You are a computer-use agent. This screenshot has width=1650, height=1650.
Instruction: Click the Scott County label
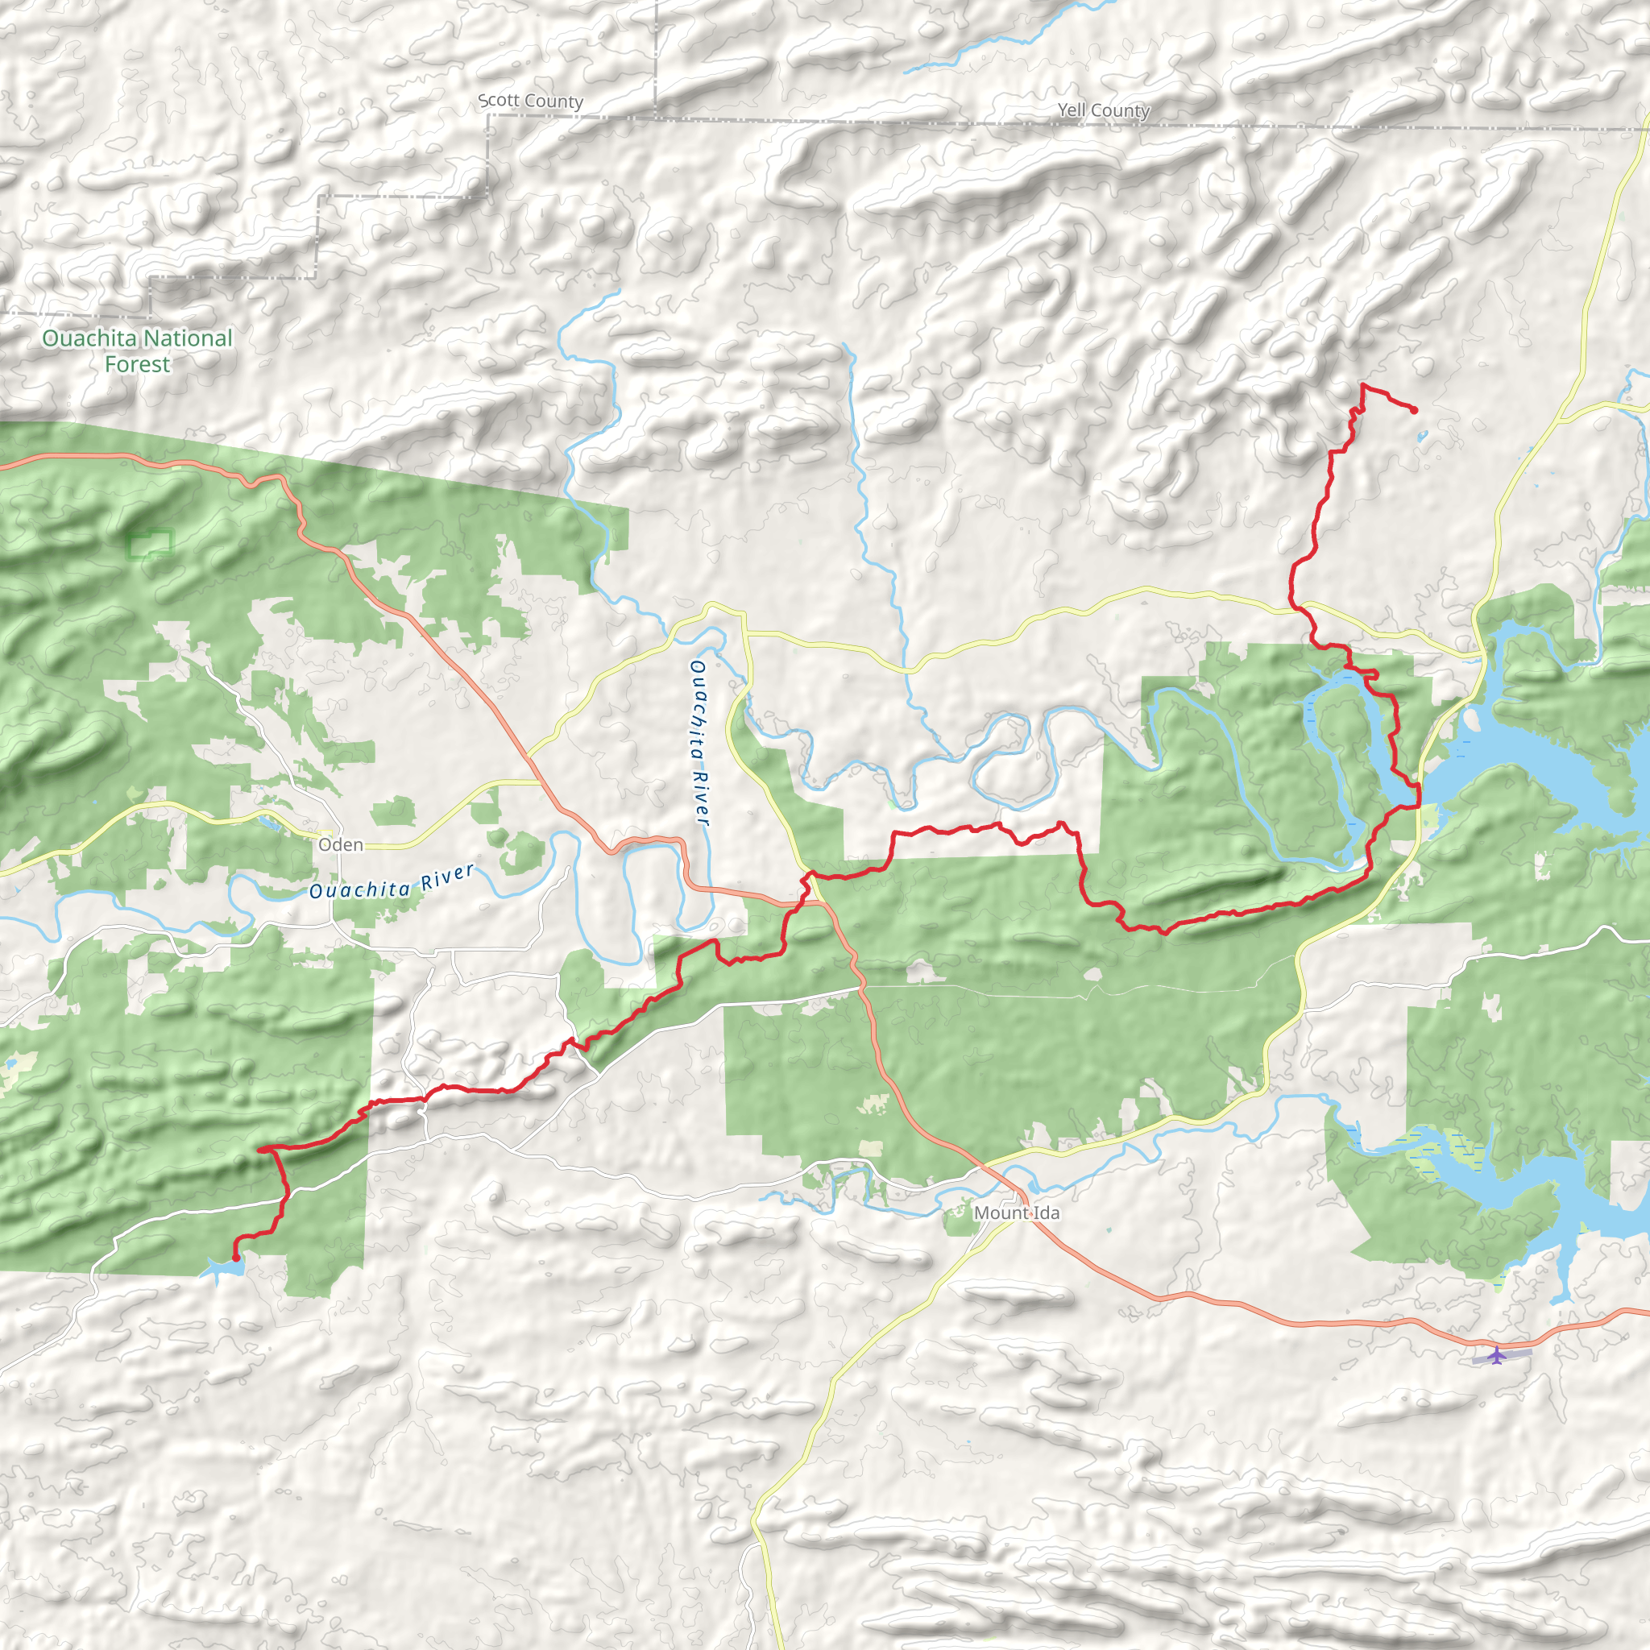[530, 101]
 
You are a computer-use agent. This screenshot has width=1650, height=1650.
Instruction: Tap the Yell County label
[1104, 110]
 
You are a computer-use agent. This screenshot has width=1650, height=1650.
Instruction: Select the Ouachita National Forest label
[138, 351]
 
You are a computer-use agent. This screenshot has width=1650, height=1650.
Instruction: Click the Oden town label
[341, 844]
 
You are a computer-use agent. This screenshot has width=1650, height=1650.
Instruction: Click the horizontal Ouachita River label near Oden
[391, 883]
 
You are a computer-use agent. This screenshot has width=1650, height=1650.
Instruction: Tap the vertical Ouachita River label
[699, 742]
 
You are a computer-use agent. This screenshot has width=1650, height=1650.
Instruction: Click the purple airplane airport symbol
[1495, 1355]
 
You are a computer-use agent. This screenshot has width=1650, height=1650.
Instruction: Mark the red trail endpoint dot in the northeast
[1414, 411]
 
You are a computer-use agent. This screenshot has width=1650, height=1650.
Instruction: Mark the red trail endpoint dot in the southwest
[236, 1258]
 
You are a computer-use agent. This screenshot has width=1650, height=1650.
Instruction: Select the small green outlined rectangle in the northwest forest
[151, 543]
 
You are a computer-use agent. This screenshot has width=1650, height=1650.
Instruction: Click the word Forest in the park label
[138, 365]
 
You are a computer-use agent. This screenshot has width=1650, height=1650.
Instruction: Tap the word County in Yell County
[1120, 111]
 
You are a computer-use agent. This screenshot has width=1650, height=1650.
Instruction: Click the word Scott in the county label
[499, 100]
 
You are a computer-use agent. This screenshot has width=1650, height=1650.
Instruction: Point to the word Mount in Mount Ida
[1000, 1213]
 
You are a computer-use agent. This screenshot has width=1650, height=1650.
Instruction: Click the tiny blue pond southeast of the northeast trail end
[1422, 437]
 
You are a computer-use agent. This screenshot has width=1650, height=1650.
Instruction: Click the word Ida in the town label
[1047, 1213]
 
